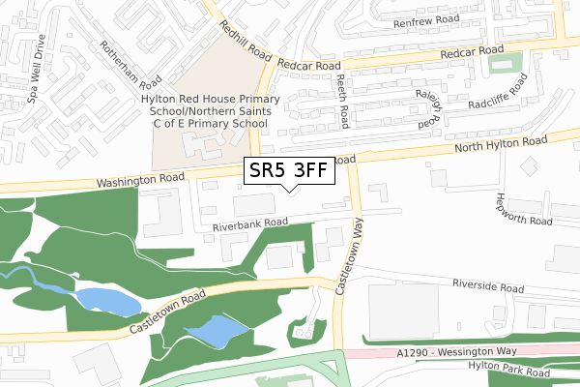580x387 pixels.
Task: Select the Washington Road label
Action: coord(140,181)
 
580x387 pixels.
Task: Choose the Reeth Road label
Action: coord(342,104)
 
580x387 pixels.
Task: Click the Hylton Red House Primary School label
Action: coord(210,111)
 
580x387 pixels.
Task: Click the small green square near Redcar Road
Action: coord(500,64)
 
